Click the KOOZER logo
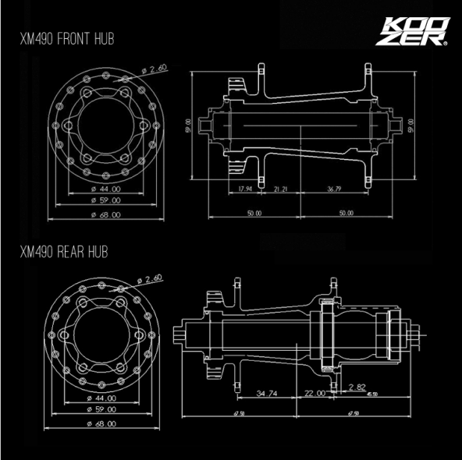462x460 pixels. pyautogui.click(x=414, y=31)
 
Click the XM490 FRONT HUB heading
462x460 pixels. pyautogui.click(x=67, y=39)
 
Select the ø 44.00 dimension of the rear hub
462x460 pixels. pyautogui.click(x=101, y=398)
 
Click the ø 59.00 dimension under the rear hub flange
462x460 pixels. pyautogui.click(x=101, y=409)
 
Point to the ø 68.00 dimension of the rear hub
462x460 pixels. pyautogui.click(x=101, y=423)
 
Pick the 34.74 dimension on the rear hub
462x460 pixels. pyautogui.click(x=268, y=394)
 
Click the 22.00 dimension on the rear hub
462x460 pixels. pyautogui.click(x=315, y=394)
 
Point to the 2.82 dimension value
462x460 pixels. pyautogui.click(x=357, y=387)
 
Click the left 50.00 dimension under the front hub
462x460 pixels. pyautogui.click(x=254, y=212)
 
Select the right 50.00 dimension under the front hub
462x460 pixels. pyautogui.click(x=346, y=212)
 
